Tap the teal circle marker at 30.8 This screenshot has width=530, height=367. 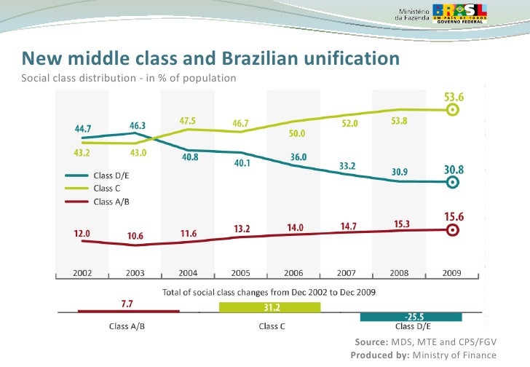pos(452,182)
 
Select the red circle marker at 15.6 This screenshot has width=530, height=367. pos(452,229)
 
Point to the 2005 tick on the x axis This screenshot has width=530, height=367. pos(242,273)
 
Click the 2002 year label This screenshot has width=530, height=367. pos(82,273)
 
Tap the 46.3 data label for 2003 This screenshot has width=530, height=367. pos(138,126)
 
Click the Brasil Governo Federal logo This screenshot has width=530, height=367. pos(466,12)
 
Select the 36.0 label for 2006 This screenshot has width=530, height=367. pos(298,157)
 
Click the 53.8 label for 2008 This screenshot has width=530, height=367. pos(400,121)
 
